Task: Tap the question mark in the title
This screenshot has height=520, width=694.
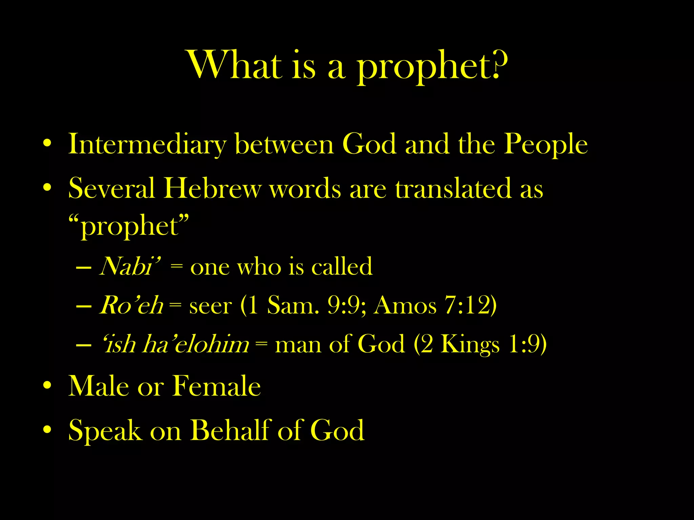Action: pos(500,64)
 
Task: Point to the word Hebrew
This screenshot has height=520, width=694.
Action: pos(212,188)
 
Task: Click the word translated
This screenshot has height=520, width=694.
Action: pos(453,188)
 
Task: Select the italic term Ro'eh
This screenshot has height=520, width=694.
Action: pos(131,305)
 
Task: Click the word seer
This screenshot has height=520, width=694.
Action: pos(210,306)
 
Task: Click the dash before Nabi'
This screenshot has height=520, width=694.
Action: pos(84,268)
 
